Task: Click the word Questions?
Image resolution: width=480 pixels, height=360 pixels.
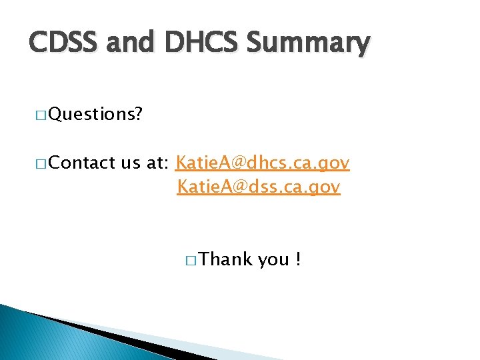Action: tap(95, 115)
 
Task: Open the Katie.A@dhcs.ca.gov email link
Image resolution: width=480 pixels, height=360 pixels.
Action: tap(262, 163)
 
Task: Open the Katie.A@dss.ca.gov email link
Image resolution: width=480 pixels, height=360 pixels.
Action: tap(259, 188)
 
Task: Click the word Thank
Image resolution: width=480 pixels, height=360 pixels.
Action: tap(225, 259)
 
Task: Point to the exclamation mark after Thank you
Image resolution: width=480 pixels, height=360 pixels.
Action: tap(297, 259)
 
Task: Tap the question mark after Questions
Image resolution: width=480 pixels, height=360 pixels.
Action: tap(137, 115)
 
